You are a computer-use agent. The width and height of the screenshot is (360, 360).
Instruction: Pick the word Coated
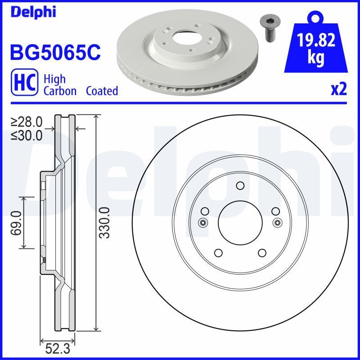point(102,91)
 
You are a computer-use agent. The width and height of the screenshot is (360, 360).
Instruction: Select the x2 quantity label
point(338,90)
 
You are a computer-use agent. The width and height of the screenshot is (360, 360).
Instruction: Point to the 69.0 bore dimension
point(16,222)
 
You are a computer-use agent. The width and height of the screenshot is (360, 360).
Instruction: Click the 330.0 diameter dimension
point(104,222)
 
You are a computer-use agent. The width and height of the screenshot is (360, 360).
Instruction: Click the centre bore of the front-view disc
point(239,222)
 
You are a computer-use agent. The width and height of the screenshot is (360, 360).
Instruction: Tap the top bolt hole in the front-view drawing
point(239,185)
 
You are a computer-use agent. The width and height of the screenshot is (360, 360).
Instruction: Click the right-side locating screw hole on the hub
point(277,222)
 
